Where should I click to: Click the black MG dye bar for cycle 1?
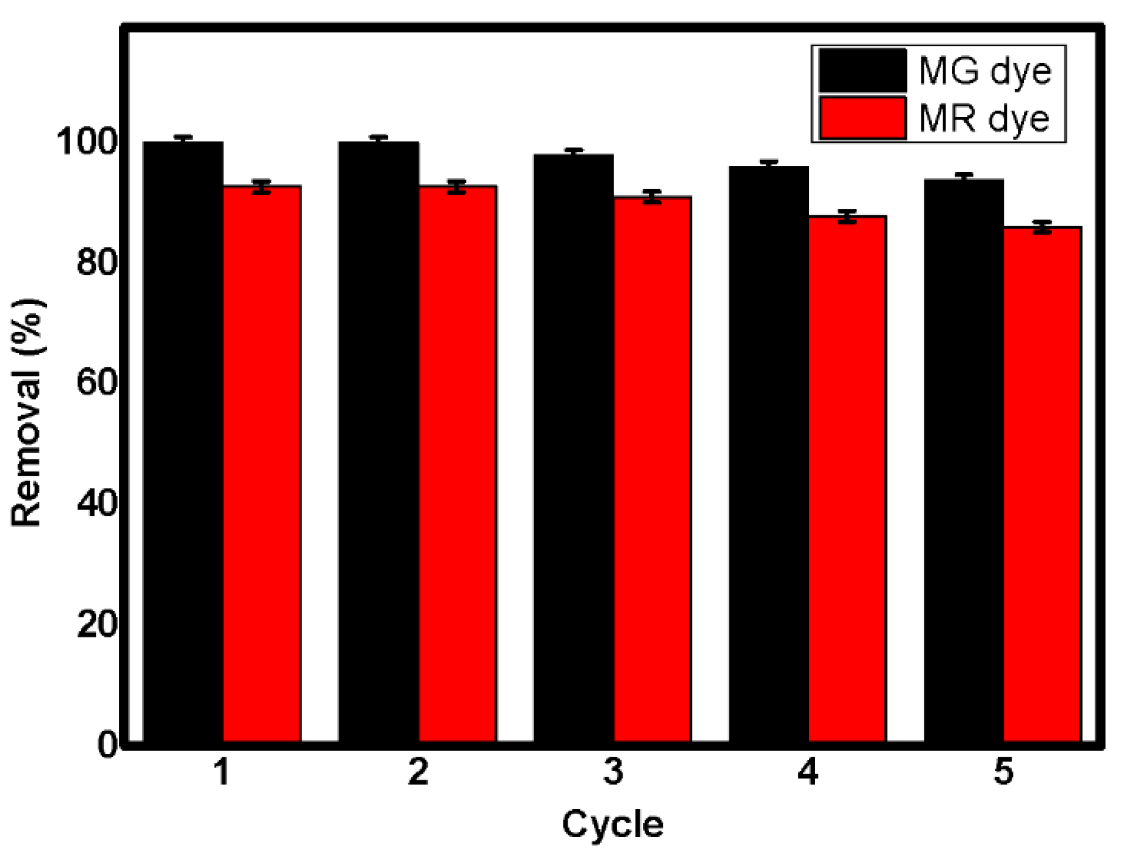[x=183, y=440]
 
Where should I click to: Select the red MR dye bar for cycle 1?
[x=261, y=463]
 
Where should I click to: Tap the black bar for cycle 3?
[x=573, y=446]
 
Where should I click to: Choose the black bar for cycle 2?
[x=378, y=440]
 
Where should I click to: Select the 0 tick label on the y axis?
[x=107, y=745]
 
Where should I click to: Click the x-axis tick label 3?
[x=613, y=772]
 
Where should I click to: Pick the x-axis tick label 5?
[x=1003, y=772]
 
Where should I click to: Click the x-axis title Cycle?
[x=612, y=824]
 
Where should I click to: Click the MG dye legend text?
[x=985, y=72]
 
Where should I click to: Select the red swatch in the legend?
[x=862, y=118]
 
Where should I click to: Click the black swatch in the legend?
[x=862, y=71]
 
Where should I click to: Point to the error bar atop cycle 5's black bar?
[x=964, y=177]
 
